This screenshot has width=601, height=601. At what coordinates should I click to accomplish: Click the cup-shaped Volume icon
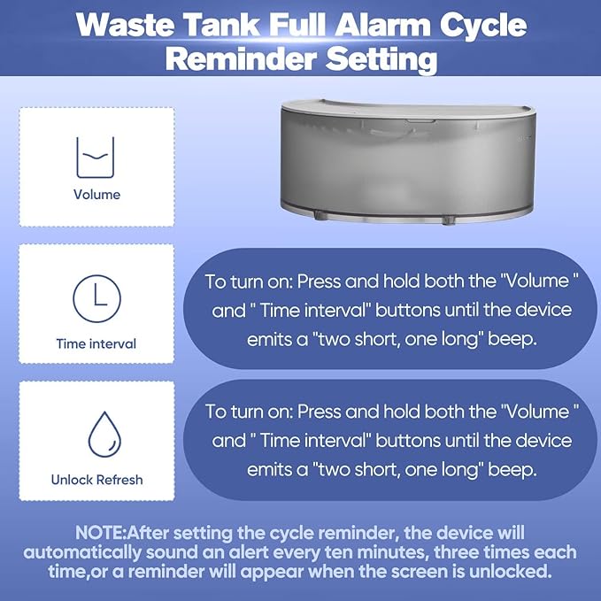pos(96,153)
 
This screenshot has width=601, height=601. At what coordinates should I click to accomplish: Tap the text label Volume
pos(96,194)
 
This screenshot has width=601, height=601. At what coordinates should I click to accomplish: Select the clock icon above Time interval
pos(96,297)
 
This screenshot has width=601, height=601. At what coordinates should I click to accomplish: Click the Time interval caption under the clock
pos(96,343)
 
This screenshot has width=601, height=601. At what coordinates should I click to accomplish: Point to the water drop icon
pos(96,433)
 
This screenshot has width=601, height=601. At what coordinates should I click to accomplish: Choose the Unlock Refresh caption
pos(96,480)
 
